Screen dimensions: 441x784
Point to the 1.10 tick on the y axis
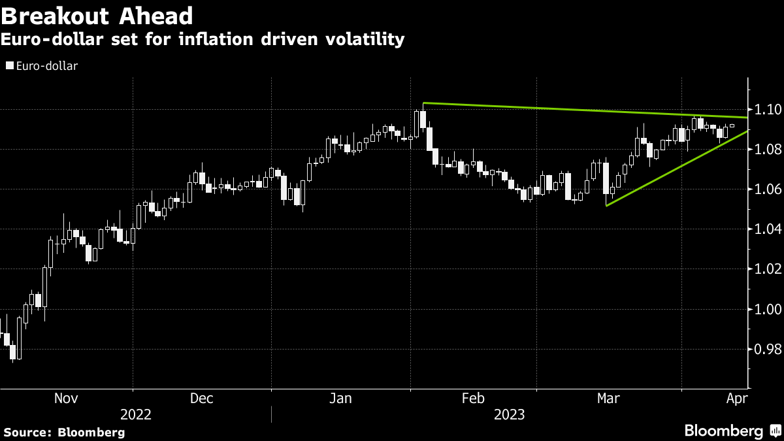coord(763,109)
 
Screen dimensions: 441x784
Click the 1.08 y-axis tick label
coord(763,150)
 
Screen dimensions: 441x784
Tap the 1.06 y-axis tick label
coord(763,189)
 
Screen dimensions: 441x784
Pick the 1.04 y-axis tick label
coord(763,229)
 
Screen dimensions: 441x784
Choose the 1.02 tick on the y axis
coord(763,269)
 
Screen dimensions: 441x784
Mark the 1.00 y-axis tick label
coord(763,309)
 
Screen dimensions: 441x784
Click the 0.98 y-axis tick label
coord(763,349)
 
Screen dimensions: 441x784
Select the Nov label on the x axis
coord(65,398)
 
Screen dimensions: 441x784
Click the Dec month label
coord(201,398)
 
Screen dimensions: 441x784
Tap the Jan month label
coord(340,398)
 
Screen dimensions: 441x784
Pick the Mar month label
coord(609,398)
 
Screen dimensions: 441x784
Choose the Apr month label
coord(736,398)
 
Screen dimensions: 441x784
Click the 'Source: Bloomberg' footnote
coord(64,432)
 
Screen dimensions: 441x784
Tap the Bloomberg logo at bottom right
coord(732,431)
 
